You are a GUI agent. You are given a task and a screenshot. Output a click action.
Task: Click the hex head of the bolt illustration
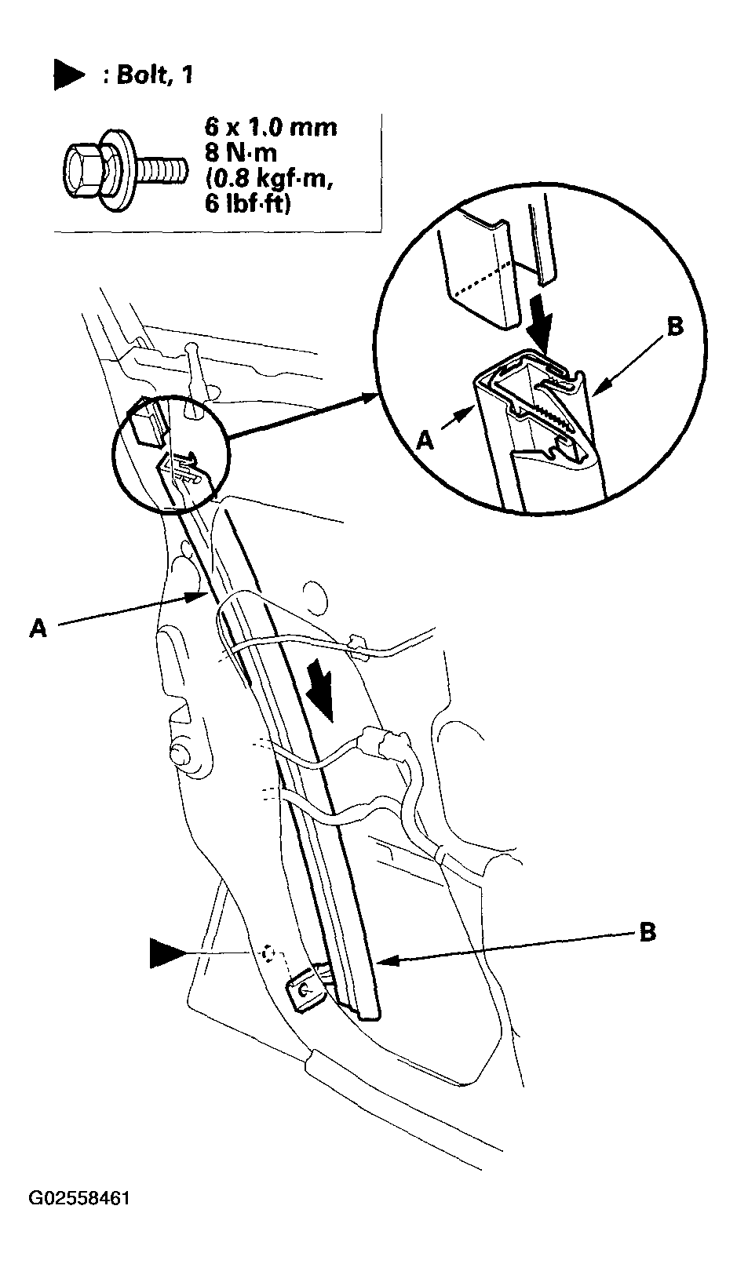(84, 170)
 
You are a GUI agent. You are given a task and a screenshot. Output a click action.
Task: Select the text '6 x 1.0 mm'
(271, 127)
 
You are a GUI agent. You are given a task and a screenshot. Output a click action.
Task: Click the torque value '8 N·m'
(241, 153)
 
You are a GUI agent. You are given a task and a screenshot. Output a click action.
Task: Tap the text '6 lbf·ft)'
(248, 202)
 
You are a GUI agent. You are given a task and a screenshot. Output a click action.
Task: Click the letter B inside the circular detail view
(675, 326)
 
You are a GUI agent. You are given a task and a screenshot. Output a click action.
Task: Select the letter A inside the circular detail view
(426, 439)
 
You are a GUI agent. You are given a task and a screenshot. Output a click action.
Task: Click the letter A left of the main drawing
(38, 628)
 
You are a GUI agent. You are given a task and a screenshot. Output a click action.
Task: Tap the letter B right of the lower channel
(648, 931)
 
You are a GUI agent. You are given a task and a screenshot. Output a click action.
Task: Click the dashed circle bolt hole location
(268, 953)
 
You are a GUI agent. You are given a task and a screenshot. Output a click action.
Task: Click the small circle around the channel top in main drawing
(172, 454)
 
